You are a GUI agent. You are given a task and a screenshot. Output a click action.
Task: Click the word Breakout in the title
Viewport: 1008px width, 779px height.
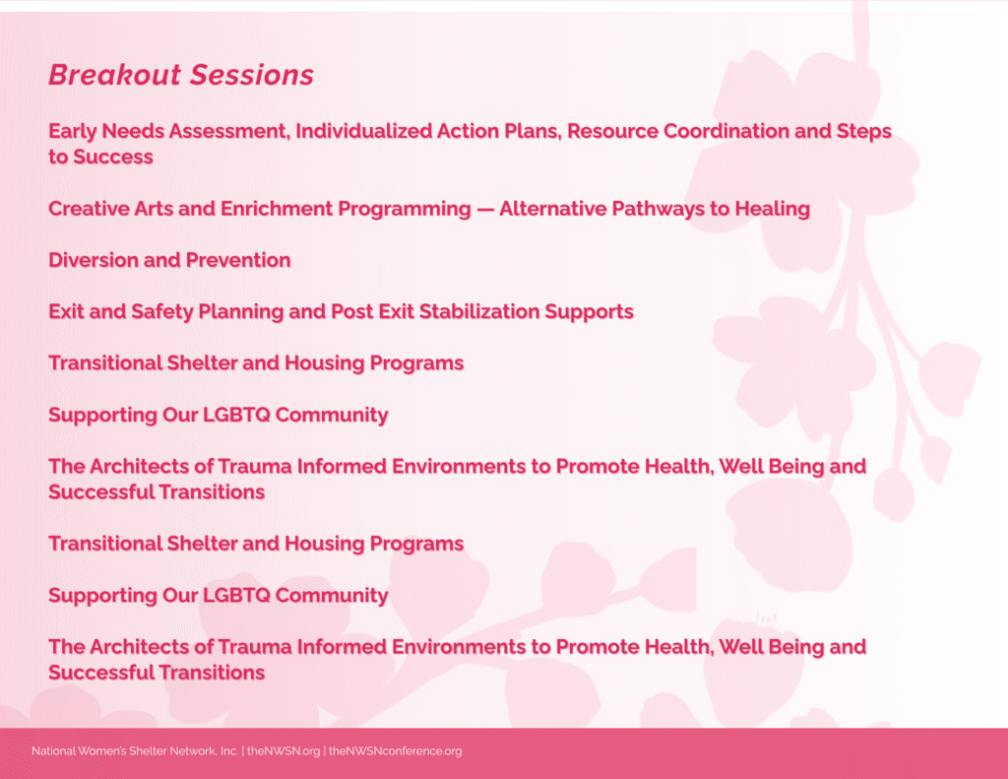point(114,75)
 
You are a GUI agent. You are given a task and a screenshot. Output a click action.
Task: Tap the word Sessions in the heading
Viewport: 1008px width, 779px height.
point(252,75)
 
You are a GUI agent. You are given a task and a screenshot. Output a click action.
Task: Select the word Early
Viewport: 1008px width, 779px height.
point(72,132)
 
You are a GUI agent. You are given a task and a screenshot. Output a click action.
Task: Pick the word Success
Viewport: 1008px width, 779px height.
point(113,157)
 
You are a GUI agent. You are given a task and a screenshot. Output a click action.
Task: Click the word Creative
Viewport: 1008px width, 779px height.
point(88,209)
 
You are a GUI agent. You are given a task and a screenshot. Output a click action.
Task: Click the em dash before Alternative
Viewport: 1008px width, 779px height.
point(485,210)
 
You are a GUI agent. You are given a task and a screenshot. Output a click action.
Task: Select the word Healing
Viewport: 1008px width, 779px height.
point(772,210)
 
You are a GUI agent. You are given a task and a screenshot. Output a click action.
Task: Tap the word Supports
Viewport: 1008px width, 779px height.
point(589,312)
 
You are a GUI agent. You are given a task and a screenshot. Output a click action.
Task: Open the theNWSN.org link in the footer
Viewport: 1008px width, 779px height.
point(283,751)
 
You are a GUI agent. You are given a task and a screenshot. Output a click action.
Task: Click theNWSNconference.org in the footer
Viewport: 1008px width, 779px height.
point(396,751)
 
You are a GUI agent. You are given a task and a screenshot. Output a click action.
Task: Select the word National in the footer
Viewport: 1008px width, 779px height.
point(53,750)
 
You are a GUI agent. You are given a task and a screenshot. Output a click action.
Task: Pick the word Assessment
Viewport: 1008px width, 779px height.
point(229,131)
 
